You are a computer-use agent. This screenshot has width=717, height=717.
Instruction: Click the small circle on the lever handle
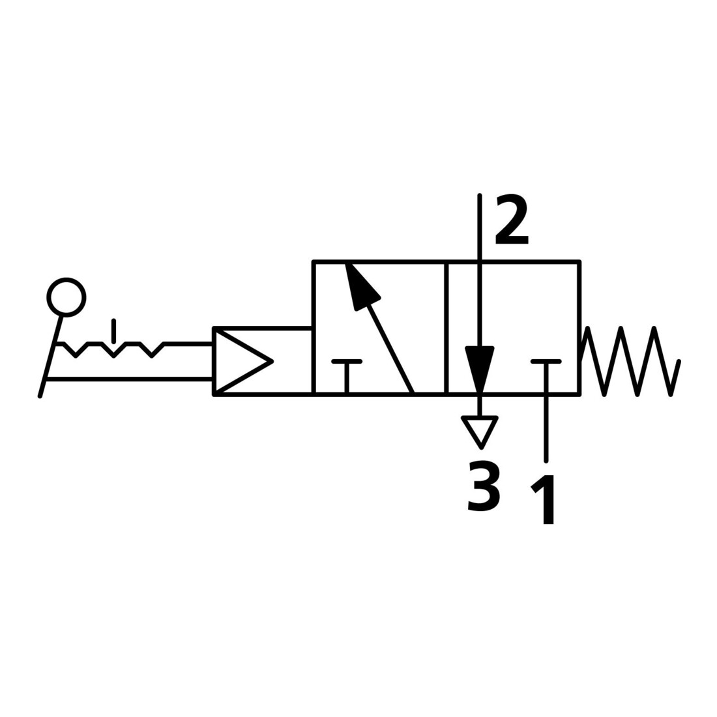point(66,297)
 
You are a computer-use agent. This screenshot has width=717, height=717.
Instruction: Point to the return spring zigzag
point(630,361)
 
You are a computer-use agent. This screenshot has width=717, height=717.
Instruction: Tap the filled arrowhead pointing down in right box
point(480,368)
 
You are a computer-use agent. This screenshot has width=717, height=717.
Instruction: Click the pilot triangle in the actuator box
point(243,361)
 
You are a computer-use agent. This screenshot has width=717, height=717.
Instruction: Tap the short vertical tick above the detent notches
point(114,331)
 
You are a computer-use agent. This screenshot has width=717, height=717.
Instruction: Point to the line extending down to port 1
point(546,428)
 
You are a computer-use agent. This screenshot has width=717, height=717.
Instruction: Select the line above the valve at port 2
point(480,227)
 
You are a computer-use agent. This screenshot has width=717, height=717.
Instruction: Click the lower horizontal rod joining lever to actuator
point(130,379)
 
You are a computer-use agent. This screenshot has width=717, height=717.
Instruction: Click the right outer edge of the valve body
point(580,327)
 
